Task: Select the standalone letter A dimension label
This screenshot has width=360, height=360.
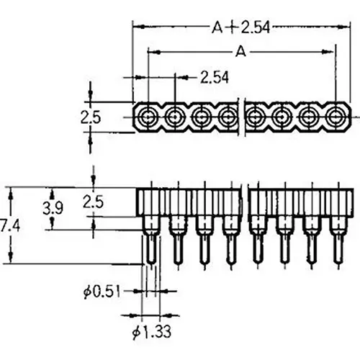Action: click(240, 52)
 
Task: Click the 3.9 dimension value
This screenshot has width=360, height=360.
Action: click(51, 208)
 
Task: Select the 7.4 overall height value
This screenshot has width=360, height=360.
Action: click(9, 225)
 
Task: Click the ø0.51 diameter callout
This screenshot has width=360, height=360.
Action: click(102, 291)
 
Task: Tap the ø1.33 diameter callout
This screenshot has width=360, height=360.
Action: click(150, 333)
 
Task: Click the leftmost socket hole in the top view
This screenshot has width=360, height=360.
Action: click(148, 115)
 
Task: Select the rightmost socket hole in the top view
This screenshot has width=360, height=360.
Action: click(336, 115)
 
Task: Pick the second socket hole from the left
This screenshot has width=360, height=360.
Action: click(175, 115)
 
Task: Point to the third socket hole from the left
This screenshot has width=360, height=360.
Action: click(202, 115)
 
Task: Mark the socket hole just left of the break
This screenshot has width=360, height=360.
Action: click(229, 115)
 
